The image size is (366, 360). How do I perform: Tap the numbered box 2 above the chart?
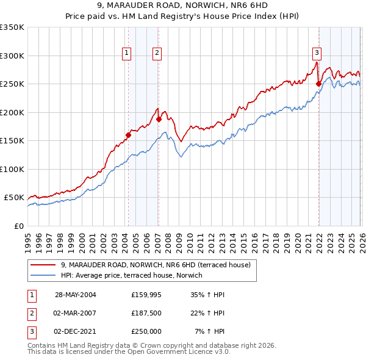tap(157, 54)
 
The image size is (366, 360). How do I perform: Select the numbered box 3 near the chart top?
tap(317, 52)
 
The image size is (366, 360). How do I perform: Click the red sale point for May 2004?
tap(129, 135)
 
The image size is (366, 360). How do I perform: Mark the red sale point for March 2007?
tap(158, 120)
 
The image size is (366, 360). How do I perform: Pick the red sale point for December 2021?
tap(318, 84)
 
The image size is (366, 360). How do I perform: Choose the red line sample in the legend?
tap(44, 265)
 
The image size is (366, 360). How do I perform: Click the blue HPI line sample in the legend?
tap(44, 276)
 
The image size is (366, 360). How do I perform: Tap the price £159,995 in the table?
tap(146, 294)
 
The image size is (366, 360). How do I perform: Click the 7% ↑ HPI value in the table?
tap(209, 331)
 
